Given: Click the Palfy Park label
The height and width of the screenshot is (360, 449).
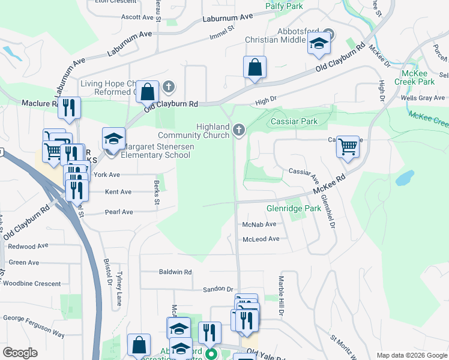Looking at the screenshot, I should point(285,6).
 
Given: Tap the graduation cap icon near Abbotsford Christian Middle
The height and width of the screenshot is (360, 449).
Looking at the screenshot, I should point(319,44).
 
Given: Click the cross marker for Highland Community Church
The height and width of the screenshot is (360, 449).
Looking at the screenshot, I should point(239,130).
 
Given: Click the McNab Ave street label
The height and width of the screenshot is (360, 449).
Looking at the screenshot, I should point(259,224).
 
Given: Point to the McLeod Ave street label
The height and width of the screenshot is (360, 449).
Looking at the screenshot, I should point(261,239).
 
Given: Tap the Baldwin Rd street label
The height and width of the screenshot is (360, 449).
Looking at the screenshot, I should point(175,272).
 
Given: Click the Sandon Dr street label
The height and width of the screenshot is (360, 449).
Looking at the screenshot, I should point(217,289).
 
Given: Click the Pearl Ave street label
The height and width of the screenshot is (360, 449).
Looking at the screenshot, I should point(119,212).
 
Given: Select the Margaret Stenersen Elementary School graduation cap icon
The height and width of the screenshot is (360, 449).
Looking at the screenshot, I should point(113,139).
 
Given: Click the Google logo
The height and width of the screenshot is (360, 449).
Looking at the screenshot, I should point(20,353).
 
